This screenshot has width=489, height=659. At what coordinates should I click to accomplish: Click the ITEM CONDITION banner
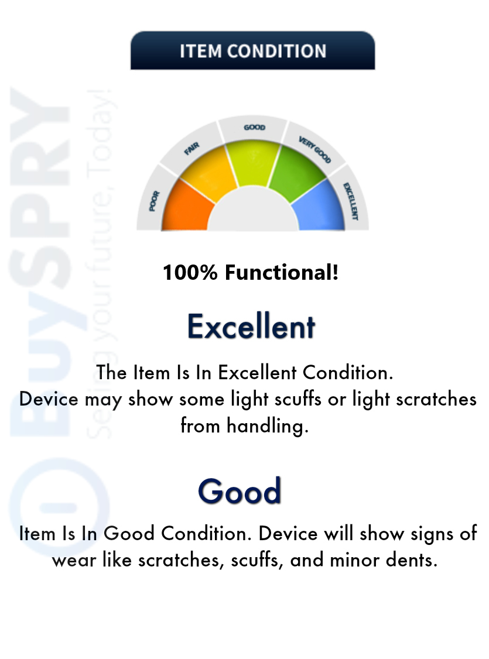[252, 50]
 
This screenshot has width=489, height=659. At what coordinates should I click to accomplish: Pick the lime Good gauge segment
[253, 162]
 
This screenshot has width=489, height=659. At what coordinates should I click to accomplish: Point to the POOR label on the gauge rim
[154, 201]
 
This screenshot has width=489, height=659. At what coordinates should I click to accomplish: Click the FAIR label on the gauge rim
[192, 148]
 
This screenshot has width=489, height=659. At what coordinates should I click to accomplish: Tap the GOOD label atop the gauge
[254, 127]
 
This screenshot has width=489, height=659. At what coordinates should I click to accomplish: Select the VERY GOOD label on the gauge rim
[314, 149]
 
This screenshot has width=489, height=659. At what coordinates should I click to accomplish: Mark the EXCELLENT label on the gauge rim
[351, 201]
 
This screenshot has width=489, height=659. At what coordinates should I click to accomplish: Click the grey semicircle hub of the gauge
[253, 212]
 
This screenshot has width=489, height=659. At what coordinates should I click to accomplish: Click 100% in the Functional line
[190, 272]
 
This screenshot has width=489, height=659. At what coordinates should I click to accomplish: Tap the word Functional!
[282, 272]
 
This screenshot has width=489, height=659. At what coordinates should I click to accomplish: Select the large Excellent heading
[251, 327]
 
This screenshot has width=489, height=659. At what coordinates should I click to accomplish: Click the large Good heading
[240, 490]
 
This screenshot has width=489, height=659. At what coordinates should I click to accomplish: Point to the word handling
[268, 425]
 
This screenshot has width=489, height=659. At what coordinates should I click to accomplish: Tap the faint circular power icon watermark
[59, 506]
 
